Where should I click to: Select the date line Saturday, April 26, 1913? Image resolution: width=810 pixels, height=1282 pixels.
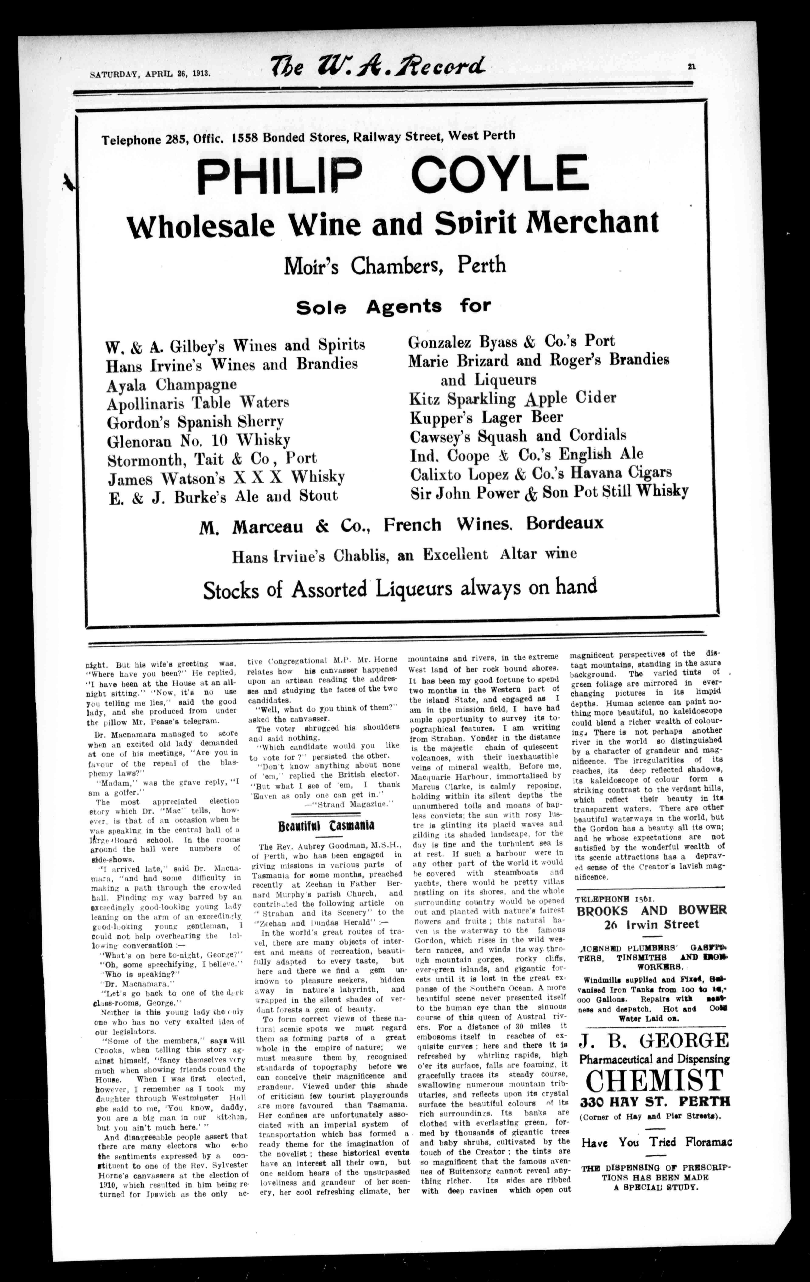[x=150, y=74]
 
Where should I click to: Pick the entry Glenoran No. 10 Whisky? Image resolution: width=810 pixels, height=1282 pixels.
[x=199, y=440]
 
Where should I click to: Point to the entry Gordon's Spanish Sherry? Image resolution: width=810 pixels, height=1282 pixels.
[x=195, y=422]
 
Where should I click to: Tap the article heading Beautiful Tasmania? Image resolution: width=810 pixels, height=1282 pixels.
[x=326, y=825]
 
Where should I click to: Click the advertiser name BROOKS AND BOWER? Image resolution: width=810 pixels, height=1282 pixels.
[x=652, y=910]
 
